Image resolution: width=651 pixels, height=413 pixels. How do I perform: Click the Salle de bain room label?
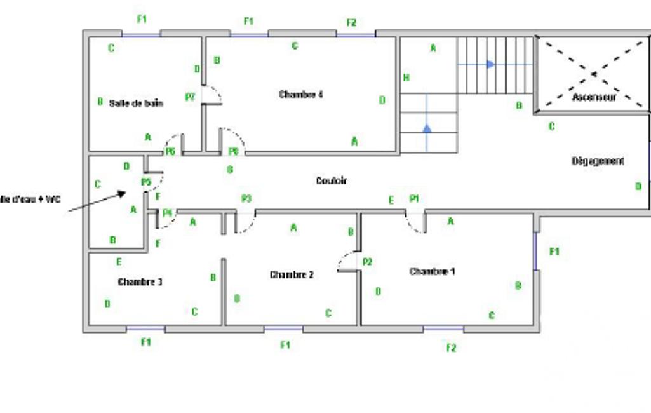[136, 103]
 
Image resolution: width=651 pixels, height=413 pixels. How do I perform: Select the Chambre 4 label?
[301, 95]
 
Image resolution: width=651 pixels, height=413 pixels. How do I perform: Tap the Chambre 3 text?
[140, 281]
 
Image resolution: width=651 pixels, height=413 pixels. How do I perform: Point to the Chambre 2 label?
[292, 275]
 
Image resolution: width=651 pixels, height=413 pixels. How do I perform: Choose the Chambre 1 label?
[432, 272]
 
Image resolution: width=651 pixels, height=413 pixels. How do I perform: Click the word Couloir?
[332, 181]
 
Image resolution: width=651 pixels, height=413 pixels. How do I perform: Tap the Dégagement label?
[598, 161]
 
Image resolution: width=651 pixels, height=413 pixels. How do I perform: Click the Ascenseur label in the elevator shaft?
[594, 98]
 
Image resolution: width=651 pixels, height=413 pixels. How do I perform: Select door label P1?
[414, 199]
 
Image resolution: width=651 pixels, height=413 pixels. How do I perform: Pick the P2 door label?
[367, 261]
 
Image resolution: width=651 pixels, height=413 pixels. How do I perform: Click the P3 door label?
[246, 199]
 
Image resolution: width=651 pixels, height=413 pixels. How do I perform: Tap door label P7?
[190, 97]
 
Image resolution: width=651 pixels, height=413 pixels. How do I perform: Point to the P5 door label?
[145, 182]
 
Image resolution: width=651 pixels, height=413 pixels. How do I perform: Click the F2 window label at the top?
[351, 23]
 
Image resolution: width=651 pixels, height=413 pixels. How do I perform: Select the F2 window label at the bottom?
[452, 348]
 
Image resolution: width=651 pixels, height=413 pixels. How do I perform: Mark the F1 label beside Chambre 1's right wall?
[554, 252]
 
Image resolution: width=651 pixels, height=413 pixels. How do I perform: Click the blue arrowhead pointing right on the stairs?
[490, 64]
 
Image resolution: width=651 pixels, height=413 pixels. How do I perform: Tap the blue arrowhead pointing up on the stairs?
[427, 128]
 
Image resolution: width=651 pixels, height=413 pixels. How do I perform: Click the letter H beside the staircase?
[406, 78]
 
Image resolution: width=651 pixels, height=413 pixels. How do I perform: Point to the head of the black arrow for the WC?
[127, 193]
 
